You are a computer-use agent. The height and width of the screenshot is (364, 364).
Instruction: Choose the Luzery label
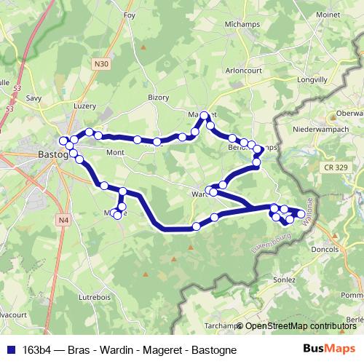84,106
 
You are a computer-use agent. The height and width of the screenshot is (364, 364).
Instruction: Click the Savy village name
33,96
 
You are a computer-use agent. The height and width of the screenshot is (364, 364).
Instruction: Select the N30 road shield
101,65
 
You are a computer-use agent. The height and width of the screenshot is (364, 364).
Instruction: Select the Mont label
116,153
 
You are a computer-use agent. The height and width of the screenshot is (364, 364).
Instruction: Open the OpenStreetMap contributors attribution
300,326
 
